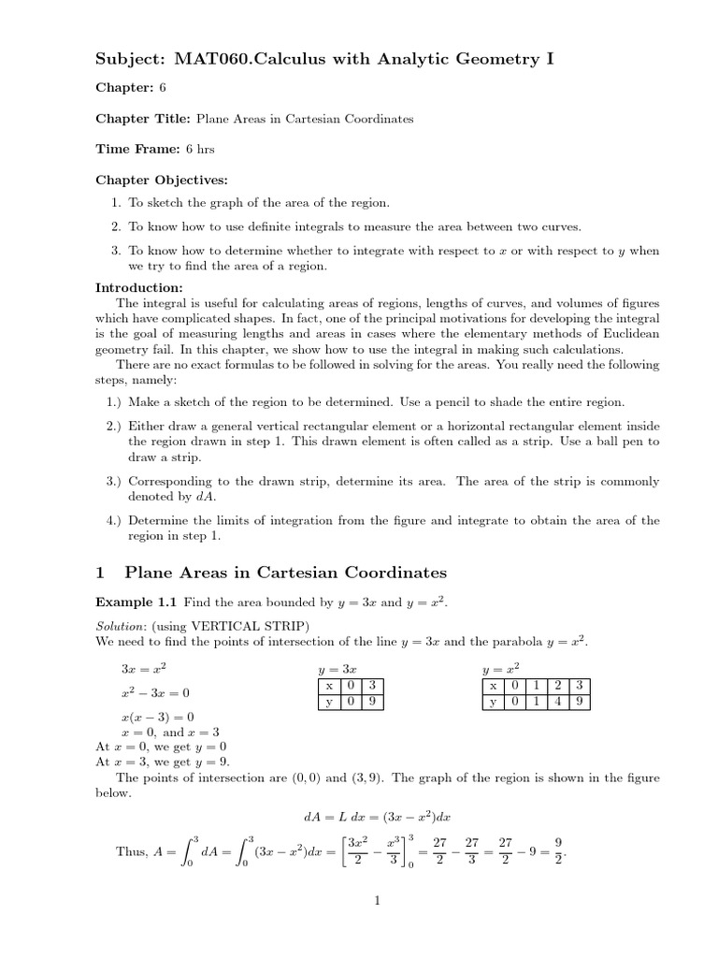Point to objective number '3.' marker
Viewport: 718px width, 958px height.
(x=116, y=251)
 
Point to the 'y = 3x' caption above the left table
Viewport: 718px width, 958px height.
(x=337, y=670)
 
